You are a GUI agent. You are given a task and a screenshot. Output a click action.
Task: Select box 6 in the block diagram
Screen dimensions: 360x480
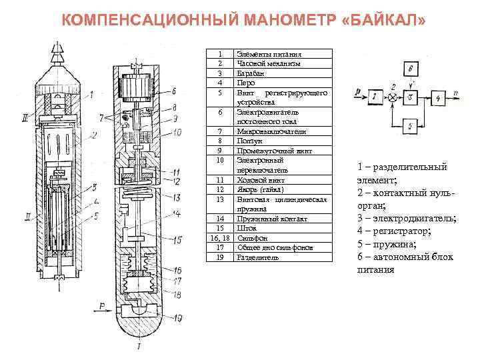point(412,69)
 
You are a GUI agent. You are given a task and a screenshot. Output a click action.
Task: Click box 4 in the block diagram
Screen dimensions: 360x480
point(438,97)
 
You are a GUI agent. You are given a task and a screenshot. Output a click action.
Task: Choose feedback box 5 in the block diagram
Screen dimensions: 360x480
point(412,125)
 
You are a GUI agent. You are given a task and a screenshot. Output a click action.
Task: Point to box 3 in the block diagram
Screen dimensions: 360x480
point(412,97)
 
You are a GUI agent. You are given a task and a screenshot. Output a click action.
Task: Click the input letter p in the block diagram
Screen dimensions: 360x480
point(359,89)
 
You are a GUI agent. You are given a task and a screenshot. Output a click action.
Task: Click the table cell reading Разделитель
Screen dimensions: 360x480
point(257,257)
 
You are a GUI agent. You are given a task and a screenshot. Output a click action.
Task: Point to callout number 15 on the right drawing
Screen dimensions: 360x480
point(178,239)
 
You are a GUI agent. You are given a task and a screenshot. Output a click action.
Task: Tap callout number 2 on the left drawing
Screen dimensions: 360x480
point(95,135)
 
